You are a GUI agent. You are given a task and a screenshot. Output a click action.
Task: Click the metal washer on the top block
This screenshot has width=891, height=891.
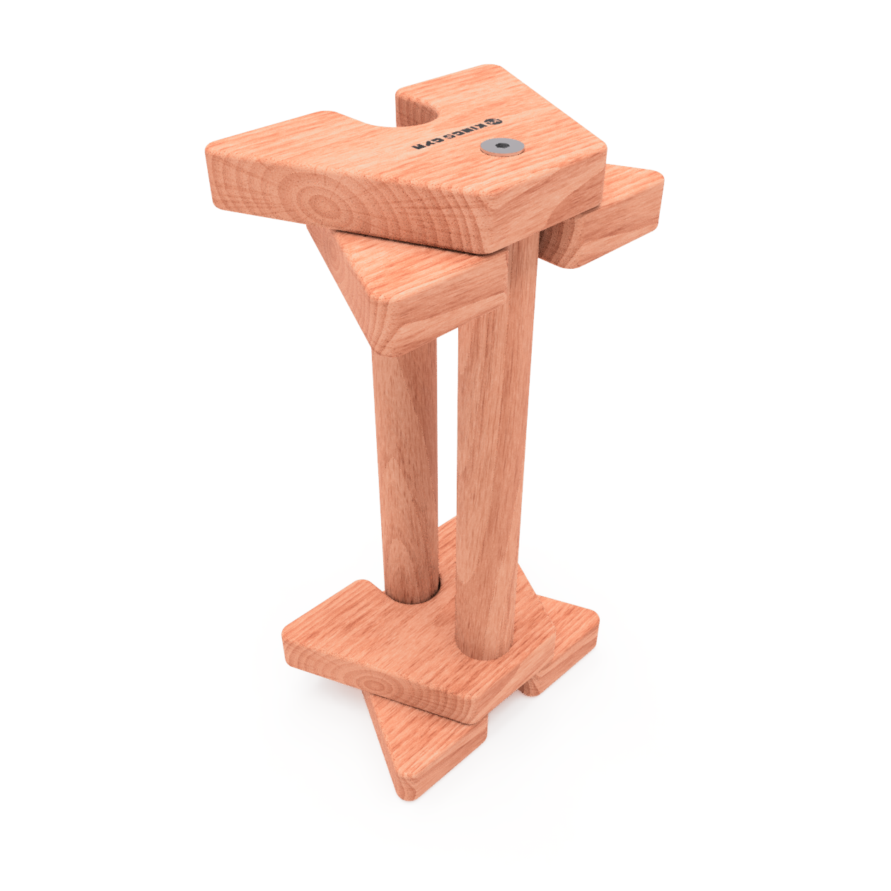click(501, 146)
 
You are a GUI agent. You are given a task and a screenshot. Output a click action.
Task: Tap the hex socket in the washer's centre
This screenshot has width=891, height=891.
click(501, 146)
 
